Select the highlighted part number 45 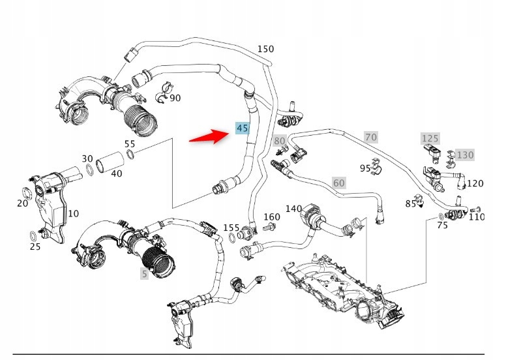[x=242, y=128]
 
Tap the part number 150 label [x=265, y=49]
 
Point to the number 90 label [x=175, y=98]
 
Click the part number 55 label [x=130, y=143]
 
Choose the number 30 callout [x=87, y=158]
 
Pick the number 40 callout [x=116, y=173]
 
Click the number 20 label [x=22, y=203]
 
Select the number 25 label [x=35, y=247]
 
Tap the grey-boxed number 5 [x=144, y=274]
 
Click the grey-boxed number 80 [x=280, y=140]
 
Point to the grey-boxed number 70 [x=370, y=137]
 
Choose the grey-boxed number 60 [x=338, y=183]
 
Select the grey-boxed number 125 [x=430, y=138]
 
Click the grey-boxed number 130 [x=464, y=155]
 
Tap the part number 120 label [x=475, y=183]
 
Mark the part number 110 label [x=477, y=217]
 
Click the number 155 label [x=231, y=227]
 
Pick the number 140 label [x=293, y=209]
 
